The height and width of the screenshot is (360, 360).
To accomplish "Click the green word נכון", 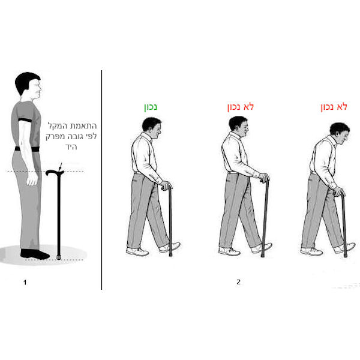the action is point(151,107).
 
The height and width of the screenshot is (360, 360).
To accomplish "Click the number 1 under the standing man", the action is point(25,283).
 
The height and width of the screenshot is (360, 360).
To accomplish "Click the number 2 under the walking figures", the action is point(238,282).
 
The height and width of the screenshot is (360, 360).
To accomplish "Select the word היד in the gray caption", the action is point(71,146).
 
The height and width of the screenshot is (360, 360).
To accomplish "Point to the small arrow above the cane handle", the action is point(61,166).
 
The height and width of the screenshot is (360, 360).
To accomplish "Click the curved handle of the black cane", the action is point(55,172).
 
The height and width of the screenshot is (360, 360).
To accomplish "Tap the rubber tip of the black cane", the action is point(59,257).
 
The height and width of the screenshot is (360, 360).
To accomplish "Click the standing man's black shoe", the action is point(35,254).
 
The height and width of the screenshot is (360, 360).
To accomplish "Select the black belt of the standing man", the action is point(27,149).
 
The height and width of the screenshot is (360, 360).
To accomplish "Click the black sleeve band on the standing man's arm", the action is point(25,120).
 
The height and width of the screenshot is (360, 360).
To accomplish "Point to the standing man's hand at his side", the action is point(32,179).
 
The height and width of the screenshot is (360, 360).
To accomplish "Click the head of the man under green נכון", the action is point(152,128).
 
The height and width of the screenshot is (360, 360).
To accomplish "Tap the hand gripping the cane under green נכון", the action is point(166,185).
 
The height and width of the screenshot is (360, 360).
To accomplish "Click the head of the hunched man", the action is point(340,133).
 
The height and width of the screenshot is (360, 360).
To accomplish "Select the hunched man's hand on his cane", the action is point(339,192).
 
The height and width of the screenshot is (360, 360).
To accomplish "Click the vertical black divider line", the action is point(101,180).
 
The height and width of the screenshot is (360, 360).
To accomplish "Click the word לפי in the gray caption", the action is point(91,136).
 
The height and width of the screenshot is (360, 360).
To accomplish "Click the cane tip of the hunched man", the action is point(346,255).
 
